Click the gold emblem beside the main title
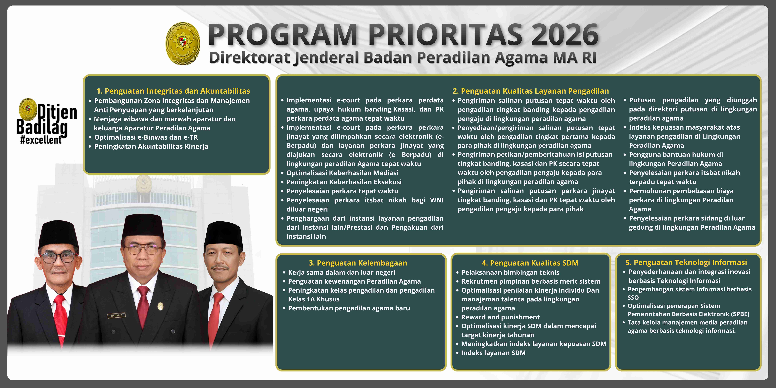183,44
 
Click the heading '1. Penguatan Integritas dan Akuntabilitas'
173,91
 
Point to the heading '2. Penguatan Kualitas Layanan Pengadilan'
530,91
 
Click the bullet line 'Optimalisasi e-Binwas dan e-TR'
146,137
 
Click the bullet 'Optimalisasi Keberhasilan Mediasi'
342,173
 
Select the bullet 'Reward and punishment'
500,317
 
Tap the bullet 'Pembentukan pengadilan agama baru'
349,308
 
